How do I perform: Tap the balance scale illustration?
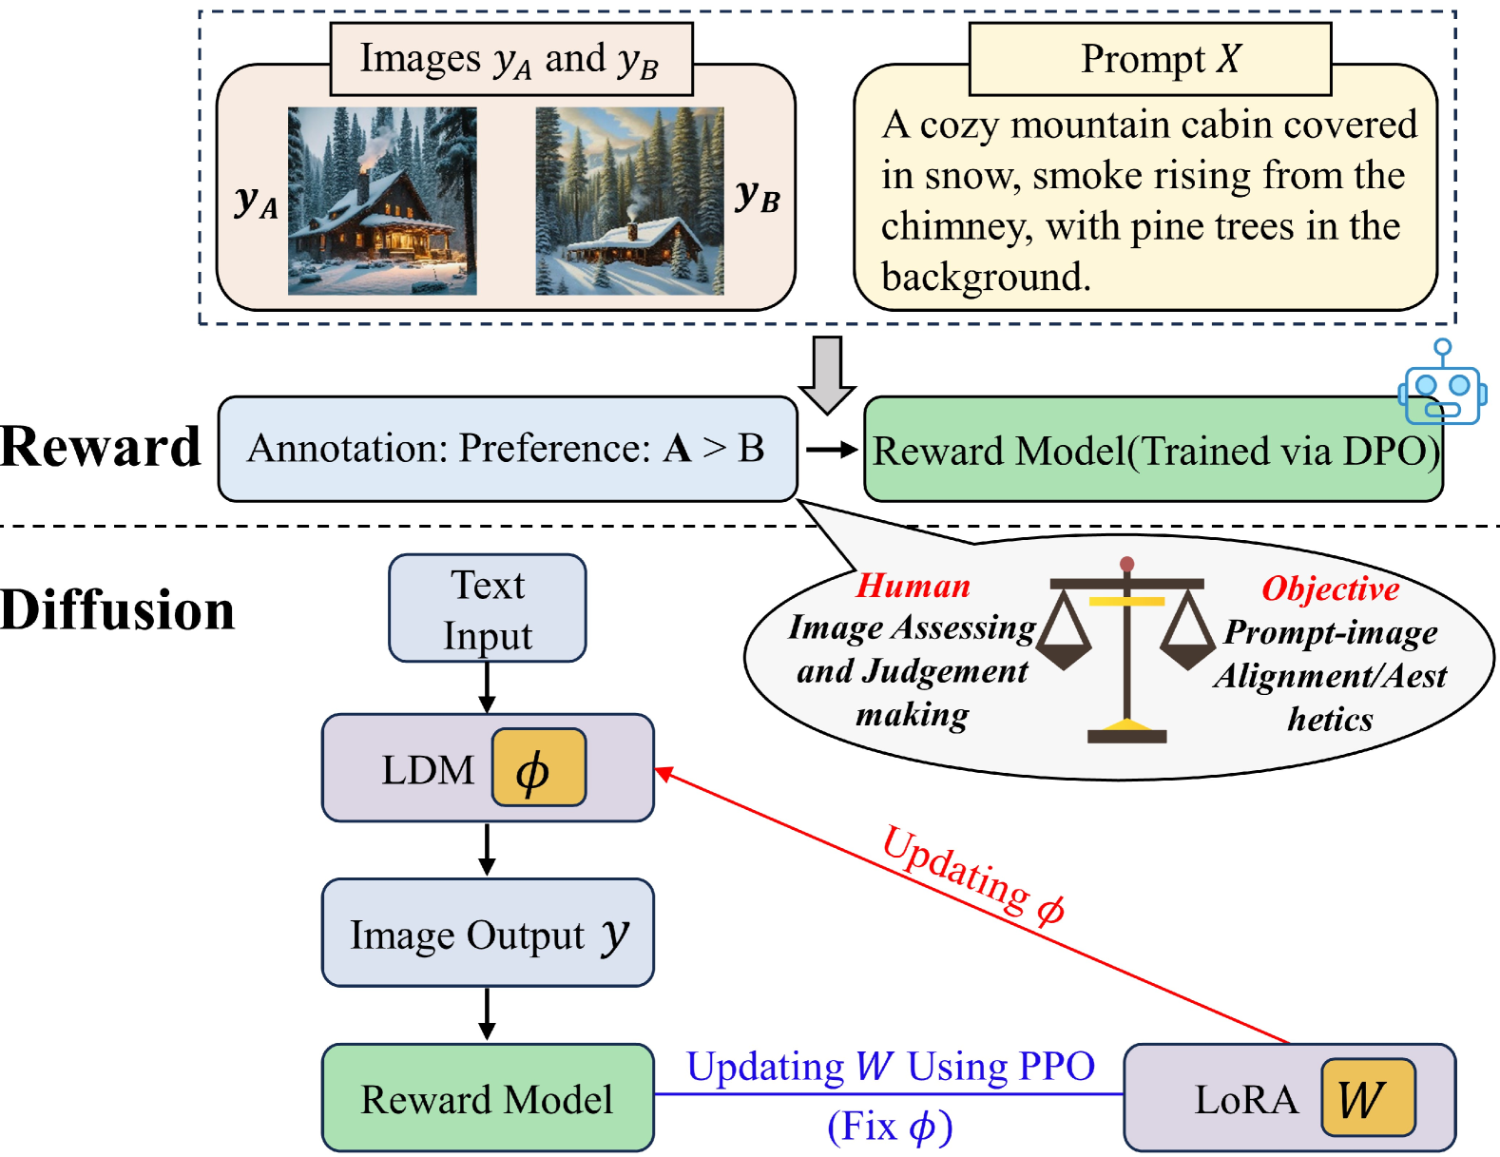point(1126,649)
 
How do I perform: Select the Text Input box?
point(488,608)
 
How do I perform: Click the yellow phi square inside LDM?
point(539,767)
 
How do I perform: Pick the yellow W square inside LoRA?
point(1368,1098)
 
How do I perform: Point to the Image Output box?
point(488,933)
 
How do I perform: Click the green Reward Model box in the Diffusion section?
point(488,1098)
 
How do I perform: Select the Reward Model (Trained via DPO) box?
point(1153,450)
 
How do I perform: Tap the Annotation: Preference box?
point(508,449)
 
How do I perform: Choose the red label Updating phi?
point(973,874)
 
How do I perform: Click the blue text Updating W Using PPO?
point(891,1067)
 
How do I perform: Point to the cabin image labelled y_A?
point(382,201)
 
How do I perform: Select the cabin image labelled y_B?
point(629,201)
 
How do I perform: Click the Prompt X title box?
point(1150,59)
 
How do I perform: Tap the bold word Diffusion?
point(117,610)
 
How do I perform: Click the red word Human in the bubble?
point(913,586)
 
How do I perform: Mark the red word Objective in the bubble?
point(1330,588)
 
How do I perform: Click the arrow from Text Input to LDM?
point(488,687)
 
